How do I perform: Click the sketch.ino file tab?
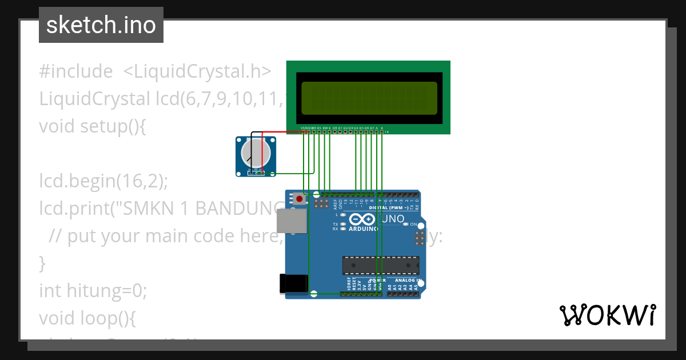[x=101, y=25]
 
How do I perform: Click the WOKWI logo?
[x=607, y=315]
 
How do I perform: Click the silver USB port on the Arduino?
[x=292, y=221]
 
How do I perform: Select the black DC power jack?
[x=294, y=284]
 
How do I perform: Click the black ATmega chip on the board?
[x=380, y=265]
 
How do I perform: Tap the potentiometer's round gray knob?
[x=256, y=153]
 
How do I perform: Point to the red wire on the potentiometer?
[x=280, y=132]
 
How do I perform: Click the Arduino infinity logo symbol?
[x=362, y=219]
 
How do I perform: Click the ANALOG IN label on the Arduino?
[x=405, y=281]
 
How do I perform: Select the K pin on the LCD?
[x=382, y=127]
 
